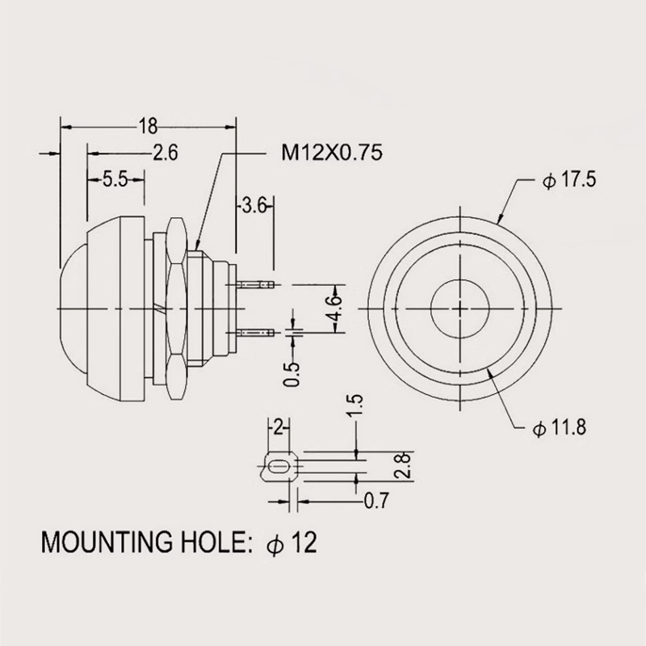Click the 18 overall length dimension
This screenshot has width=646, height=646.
148,126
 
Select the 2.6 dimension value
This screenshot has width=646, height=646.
166,153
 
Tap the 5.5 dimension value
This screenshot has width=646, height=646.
115,179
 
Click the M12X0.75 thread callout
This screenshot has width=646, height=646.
332,153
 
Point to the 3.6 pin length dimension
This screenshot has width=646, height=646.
254,205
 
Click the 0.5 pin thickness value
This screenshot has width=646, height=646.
292,375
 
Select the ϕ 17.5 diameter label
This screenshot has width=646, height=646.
569,180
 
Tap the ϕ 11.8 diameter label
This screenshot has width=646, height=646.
559,428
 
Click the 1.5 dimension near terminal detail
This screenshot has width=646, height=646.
354,405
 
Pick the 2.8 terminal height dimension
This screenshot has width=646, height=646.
402,465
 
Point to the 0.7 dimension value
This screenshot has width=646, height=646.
376,501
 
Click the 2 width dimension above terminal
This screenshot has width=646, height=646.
279,428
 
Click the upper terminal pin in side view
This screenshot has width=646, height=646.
255,284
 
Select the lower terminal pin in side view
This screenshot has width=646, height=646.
255,332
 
